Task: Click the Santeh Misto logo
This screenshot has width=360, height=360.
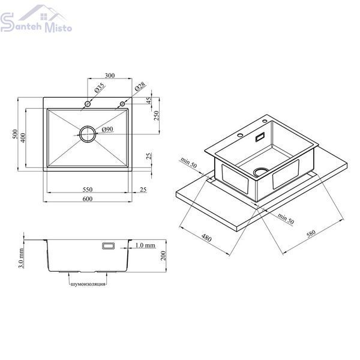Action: point(36,19)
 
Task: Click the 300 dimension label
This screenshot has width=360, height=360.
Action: point(110,76)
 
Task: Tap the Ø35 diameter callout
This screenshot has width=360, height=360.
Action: point(100,88)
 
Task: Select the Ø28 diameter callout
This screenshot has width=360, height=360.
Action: point(140,86)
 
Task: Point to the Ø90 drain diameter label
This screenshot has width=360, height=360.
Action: point(107,129)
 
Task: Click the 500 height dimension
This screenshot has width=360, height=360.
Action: point(15,134)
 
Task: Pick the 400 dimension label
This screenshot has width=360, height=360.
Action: point(23,138)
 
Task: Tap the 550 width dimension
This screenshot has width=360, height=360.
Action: point(88,190)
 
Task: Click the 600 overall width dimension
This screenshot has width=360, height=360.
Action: point(88,199)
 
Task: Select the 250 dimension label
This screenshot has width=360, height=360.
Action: point(157,115)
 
